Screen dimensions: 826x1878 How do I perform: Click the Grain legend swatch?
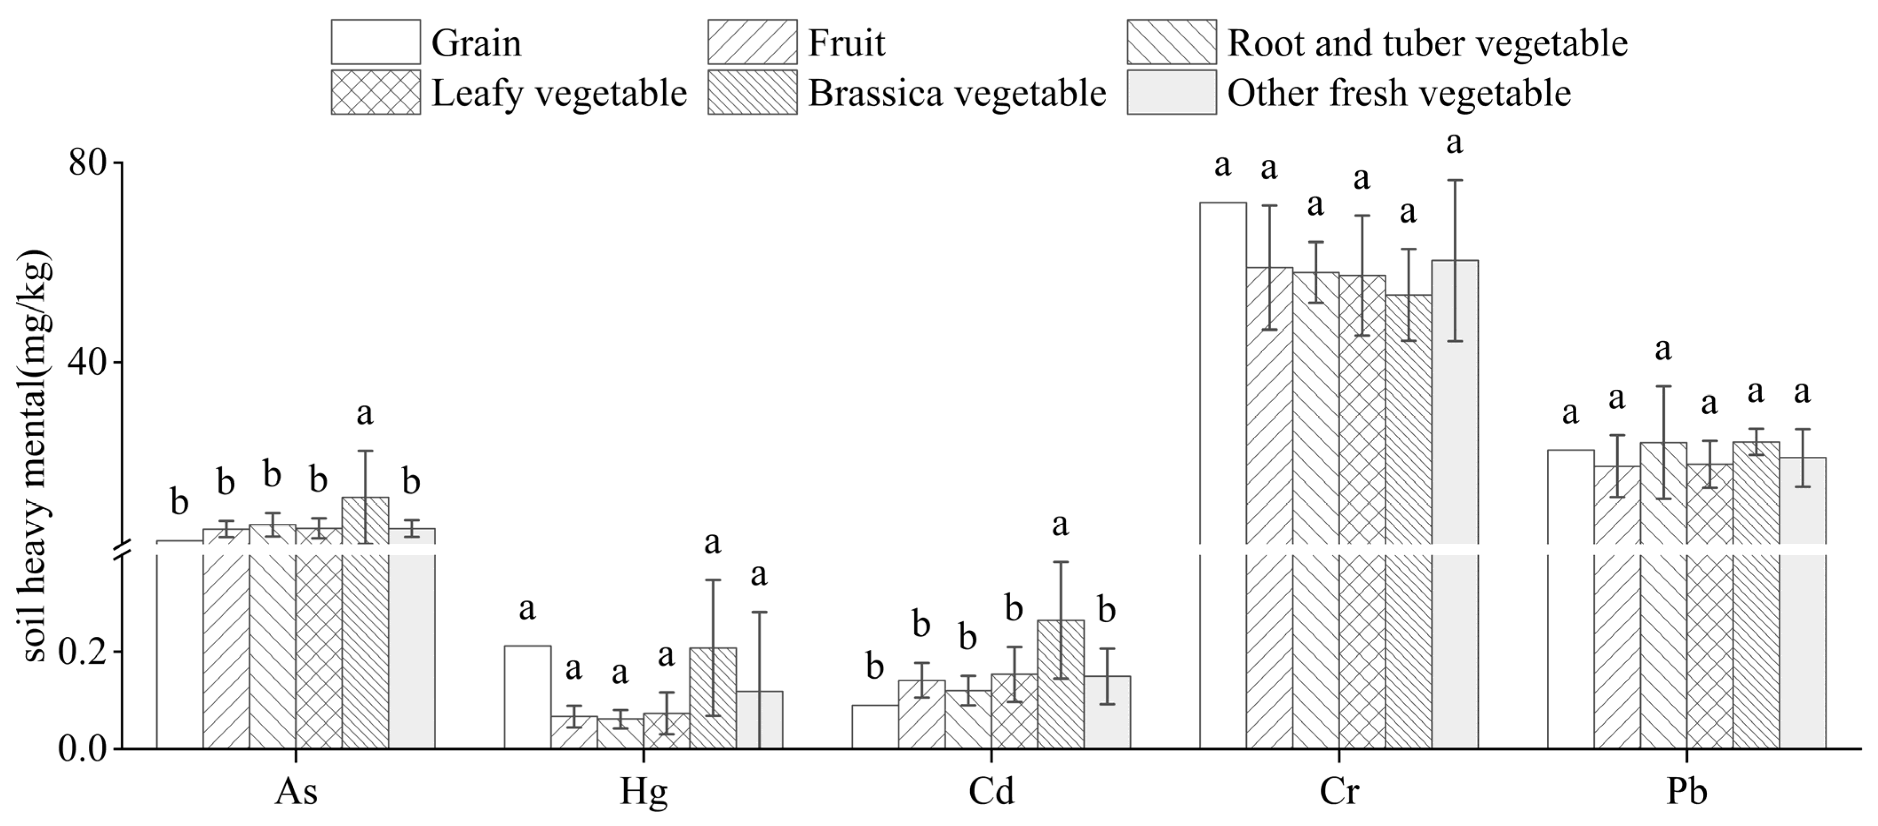pyautogui.click(x=375, y=42)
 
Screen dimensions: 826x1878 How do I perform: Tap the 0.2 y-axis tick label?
pyautogui.click(x=82, y=652)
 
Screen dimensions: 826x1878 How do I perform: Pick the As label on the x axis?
pyautogui.click(x=296, y=792)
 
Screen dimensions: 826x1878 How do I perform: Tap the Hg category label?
pyautogui.click(x=643, y=792)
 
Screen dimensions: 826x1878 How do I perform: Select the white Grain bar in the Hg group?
pyautogui.click(x=527, y=697)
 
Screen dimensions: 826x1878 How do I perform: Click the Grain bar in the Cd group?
pyautogui.click(x=875, y=727)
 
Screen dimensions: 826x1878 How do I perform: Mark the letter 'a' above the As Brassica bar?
pyautogui.click(x=365, y=414)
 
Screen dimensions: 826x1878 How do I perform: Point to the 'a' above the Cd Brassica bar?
pyautogui.click(x=1060, y=524)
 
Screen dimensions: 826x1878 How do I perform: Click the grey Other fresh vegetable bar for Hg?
pyautogui.click(x=759, y=719)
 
